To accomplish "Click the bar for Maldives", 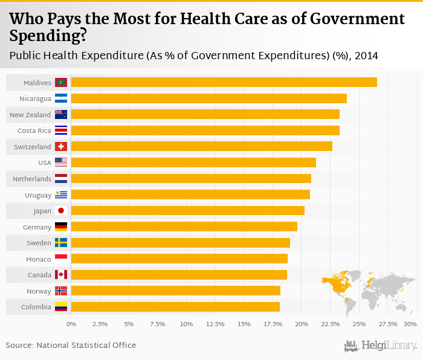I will tap(224, 82).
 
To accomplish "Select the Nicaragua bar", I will tap(208, 98).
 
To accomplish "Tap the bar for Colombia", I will tap(175, 307).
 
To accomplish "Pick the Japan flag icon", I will tap(61, 211).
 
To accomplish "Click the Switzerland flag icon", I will tap(61, 147).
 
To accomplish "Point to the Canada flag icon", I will tap(61, 275).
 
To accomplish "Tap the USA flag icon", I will tap(61, 162).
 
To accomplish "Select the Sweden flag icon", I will tap(61, 243).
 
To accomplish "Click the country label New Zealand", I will tap(30, 115).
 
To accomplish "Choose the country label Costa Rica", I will tap(34, 130).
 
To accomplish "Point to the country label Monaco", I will tap(39, 259).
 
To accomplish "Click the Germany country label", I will tap(37, 227).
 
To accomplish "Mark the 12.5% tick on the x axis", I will tap(215, 324).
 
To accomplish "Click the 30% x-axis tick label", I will tap(411, 324).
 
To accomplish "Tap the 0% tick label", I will tap(71, 324).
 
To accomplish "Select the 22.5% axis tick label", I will tap(331, 324).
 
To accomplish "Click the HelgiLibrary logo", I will tap(381, 346).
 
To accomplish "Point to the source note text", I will tap(71, 346).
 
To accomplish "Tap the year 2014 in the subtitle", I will tap(367, 56).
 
